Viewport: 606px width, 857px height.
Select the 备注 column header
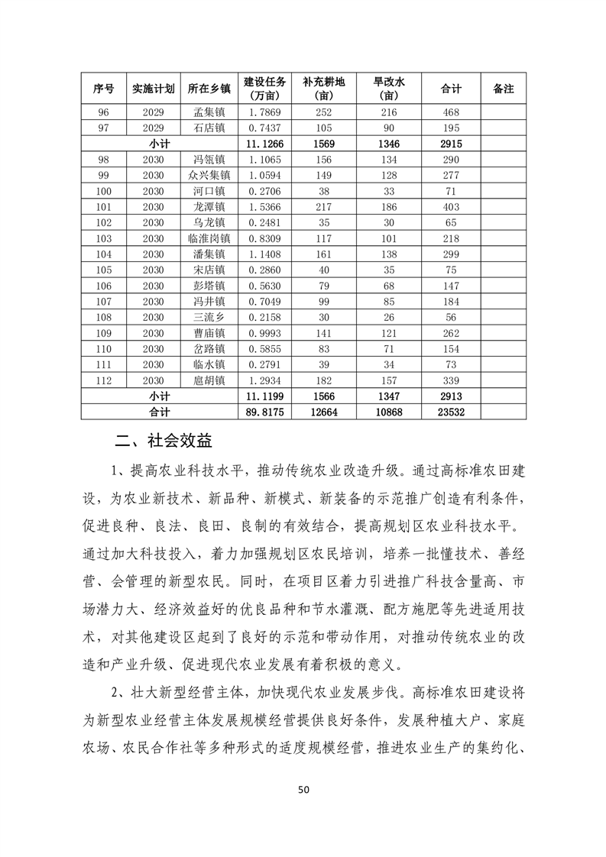click(503, 89)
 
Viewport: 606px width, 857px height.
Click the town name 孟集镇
click(208, 112)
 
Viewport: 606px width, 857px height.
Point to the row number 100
click(104, 191)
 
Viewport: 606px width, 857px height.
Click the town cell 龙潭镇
click(208, 206)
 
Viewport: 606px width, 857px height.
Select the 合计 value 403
click(451, 206)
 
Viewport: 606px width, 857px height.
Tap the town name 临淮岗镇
click(208, 238)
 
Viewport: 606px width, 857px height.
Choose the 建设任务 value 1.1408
click(265, 254)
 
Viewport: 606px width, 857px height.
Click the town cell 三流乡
click(208, 316)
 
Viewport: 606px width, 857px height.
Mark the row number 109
click(104, 332)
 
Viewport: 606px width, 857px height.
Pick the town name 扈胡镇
click(208, 380)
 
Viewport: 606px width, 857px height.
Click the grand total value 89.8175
click(265, 411)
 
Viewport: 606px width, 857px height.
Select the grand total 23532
click(451, 411)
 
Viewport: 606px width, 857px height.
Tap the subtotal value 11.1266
click(265, 143)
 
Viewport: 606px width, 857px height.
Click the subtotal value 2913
click(451, 396)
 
